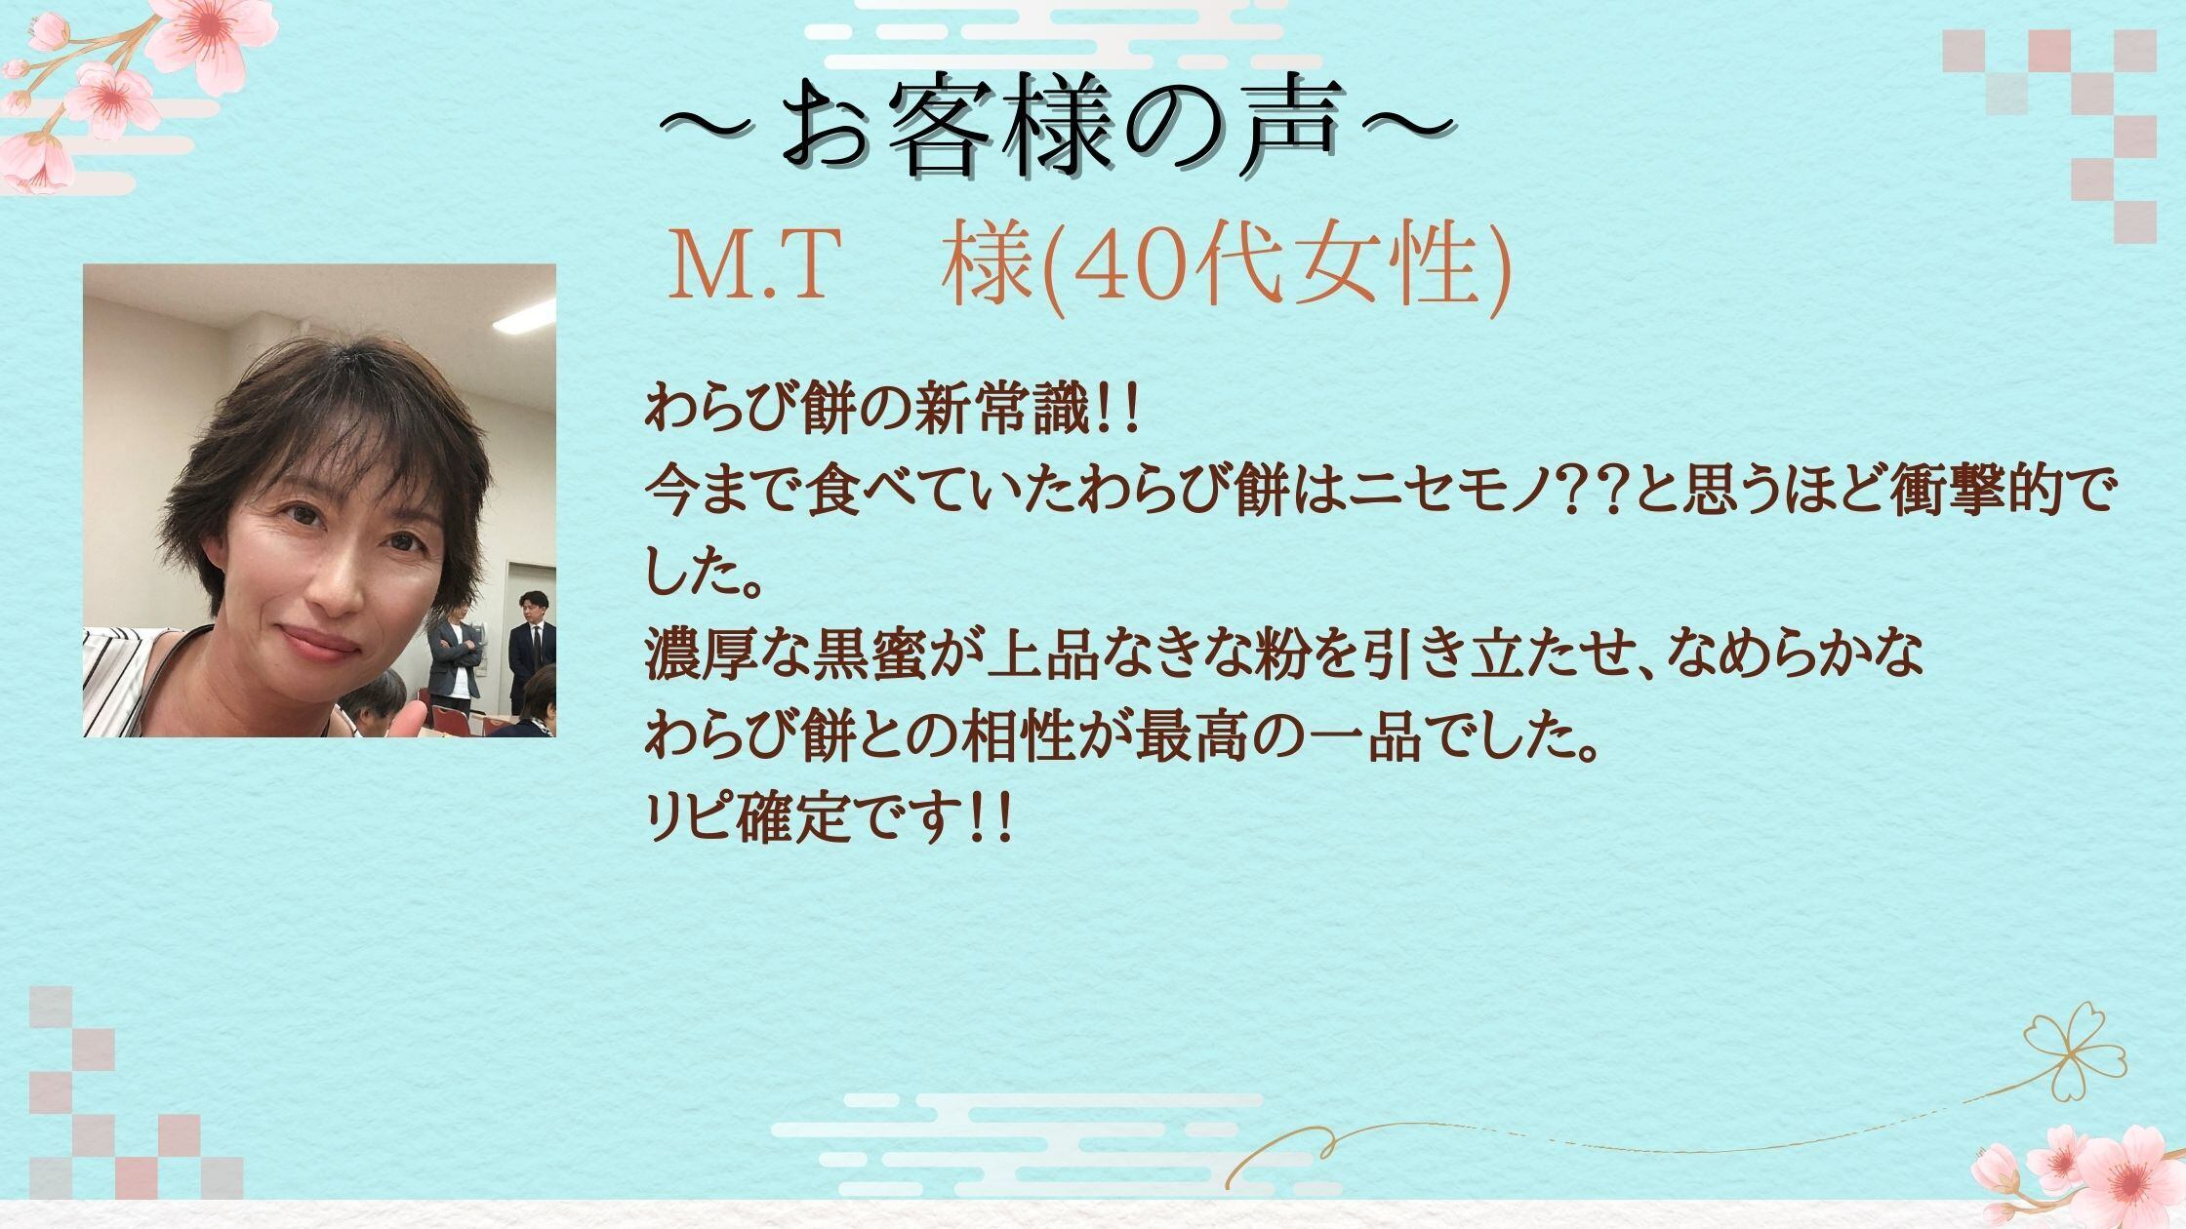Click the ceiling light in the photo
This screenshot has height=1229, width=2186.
[x=522, y=315]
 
